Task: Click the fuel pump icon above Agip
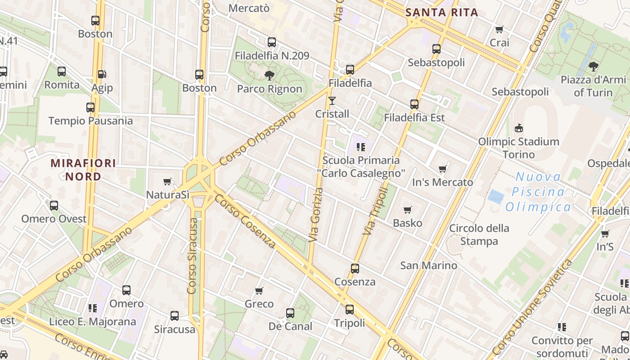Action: click(102, 74)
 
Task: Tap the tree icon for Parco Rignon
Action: click(270, 75)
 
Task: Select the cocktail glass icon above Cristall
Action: click(332, 100)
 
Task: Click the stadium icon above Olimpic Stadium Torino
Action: click(519, 128)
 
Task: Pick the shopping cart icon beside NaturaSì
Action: click(167, 182)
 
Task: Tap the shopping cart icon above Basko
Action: click(408, 210)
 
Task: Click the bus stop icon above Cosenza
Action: click(355, 269)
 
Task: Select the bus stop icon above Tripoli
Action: click(350, 310)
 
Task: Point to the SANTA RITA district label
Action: click(441, 13)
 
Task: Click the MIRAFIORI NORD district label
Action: click(83, 170)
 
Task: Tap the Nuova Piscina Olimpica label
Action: click(538, 192)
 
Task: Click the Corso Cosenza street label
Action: click(245, 221)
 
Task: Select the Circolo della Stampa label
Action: click(479, 234)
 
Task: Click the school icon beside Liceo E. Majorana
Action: click(93, 308)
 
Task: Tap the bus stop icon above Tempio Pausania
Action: click(90, 108)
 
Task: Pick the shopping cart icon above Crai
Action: click(499, 30)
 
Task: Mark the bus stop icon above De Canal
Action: click(290, 313)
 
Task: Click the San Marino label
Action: click(429, 265)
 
